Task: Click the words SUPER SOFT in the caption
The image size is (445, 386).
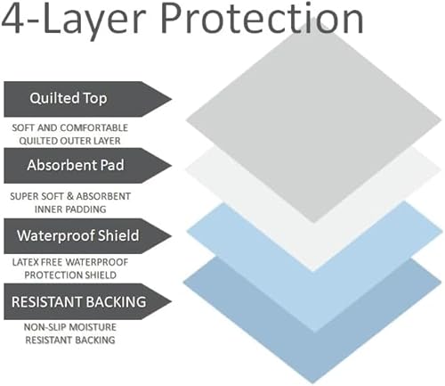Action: (39, 195)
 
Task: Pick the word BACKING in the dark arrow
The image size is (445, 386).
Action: (112, 301)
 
